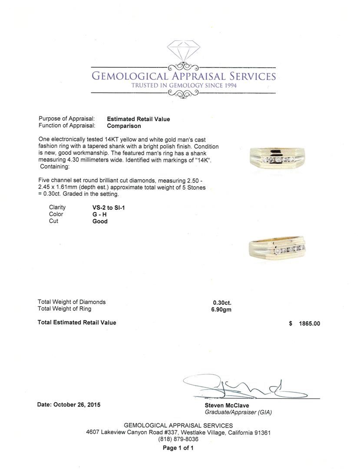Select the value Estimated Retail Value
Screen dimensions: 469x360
[x=139, y=119]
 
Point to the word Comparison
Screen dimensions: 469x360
[x=124, y=126]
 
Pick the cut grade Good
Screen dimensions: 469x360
[x=99, y=221]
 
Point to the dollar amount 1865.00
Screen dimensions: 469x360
[x=309, y=324]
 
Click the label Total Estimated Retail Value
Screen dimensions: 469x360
[x=77, y=323]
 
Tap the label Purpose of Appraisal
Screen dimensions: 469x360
[x=66, y=119]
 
